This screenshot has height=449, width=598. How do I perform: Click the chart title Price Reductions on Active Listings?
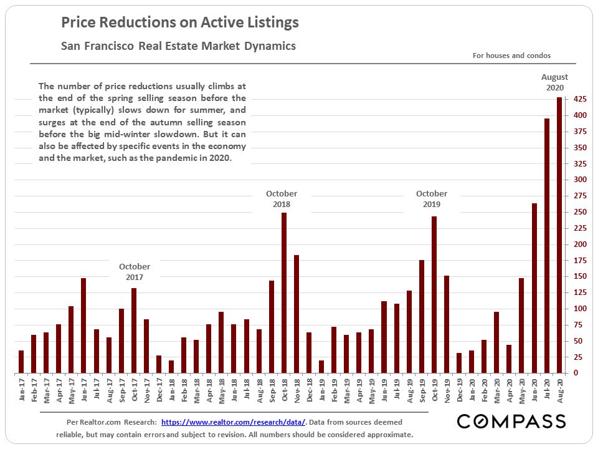(180, 23)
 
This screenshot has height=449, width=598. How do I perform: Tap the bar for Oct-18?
(284, 293)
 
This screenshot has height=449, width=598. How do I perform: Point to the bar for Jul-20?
(547, 246)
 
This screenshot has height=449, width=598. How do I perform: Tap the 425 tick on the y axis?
(579, 100)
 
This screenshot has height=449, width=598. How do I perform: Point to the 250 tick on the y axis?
(579, 212)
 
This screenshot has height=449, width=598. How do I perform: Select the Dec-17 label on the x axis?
(158, 392)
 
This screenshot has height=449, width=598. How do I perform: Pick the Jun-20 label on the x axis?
(534, 392)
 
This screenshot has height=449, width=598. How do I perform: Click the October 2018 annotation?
(282, 199)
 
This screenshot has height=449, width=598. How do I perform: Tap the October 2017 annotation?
(135, 272)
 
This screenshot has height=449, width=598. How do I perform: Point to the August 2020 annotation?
(554, 82)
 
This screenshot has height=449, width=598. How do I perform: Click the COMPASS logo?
(511, 422)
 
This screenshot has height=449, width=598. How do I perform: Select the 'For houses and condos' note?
(511, 56)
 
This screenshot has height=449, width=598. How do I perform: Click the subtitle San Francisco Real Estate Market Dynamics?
(178, 46)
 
